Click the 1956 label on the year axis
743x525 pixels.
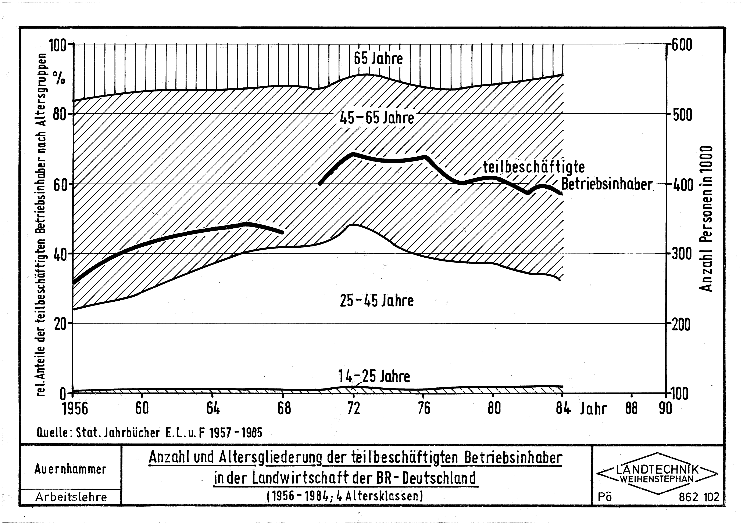tap(75, 409)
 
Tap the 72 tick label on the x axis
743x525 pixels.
tap(354, 409)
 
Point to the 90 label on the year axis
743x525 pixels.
tap(665, 409)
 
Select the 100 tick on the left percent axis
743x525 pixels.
tap(57, 45)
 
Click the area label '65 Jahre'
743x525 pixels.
tap(378, 59)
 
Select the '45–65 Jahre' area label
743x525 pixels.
tap(377, 118)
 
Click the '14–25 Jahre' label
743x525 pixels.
tap(374, 376)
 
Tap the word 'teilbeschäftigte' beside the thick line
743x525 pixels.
tap(534, 167)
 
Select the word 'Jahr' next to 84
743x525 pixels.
tap(593, 409)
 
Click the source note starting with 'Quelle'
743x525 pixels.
tap(150, 432)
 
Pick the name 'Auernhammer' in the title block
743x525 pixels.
tap(70, 469)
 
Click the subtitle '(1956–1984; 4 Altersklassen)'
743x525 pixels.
tap(345, 496)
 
